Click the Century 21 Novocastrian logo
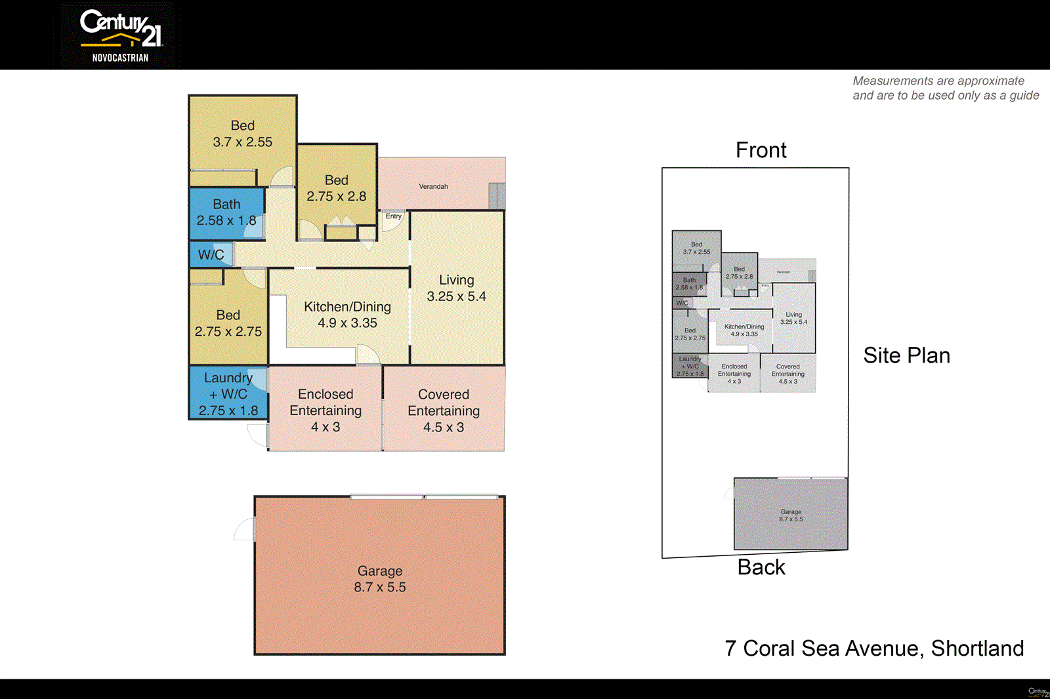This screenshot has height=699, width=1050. tap(120, 35)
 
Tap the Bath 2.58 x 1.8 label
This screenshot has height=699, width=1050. tap(226, 212)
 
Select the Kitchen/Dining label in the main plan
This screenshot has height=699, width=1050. tap(347, 315)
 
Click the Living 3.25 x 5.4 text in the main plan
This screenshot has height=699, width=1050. tap(456, 288)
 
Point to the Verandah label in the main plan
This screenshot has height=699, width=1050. tap(433, 187)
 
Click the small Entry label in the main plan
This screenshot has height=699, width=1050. tap(394, 216)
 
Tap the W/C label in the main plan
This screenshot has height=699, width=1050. tap(211, 255)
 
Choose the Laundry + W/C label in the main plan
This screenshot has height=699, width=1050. tap(228, 394)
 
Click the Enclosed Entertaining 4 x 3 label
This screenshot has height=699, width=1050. tap(325, 410)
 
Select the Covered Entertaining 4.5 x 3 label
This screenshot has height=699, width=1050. tap(444, 410)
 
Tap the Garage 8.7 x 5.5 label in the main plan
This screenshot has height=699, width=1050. tap(380, 579)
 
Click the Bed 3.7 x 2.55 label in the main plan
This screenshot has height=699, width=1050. tap(242, 134)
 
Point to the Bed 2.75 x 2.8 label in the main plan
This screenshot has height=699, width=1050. tap(336, 188)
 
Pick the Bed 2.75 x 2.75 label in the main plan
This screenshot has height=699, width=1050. tap(228, 323)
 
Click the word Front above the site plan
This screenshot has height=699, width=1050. tap(761, 150)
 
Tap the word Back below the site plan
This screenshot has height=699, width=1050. tap(761, 567)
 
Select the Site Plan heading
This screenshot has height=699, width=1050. tap(906, 355)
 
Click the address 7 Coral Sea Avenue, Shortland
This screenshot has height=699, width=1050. tap(874, 649)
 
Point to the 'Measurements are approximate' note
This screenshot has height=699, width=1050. tap(946, 88)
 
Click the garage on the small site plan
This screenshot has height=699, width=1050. tap(791, 515)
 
